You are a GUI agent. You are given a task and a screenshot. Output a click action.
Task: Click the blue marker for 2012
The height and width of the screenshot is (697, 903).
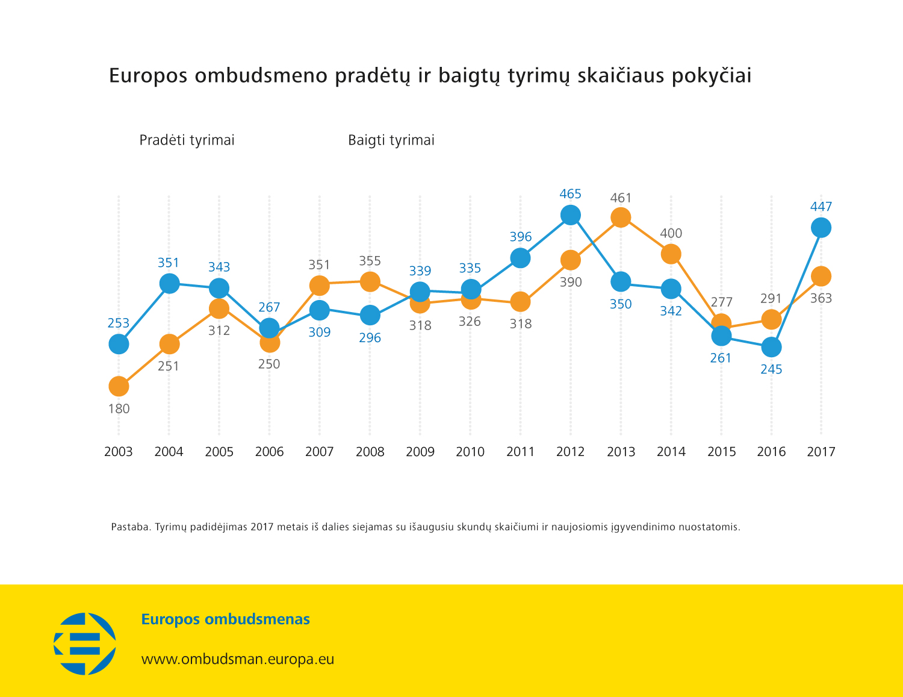click(570, 215)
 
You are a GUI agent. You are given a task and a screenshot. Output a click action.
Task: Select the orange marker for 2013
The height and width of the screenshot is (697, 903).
click(621, 217)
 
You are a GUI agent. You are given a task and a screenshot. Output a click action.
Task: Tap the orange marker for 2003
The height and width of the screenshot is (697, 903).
click(119, 386)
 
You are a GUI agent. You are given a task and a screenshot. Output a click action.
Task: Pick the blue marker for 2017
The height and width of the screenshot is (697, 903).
click(821, 228)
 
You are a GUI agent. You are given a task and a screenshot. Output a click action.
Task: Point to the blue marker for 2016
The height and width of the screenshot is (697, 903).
click(771, 347)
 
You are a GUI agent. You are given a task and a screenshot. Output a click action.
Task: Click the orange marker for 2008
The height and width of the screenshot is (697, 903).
click(370, 281)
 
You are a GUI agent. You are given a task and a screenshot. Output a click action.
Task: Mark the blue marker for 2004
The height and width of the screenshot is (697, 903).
click(169, 283)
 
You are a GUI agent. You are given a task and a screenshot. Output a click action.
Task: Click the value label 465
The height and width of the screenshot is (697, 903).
click(570, 194)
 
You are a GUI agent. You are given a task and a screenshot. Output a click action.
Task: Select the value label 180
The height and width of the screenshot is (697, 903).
click(119, 409)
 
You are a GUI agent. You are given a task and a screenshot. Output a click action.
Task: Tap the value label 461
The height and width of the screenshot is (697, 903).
click(621, 198)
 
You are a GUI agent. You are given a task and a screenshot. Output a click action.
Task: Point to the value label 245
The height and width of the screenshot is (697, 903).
click(771, 369)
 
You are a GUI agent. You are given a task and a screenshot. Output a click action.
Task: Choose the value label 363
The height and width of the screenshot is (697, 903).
click(821, 298)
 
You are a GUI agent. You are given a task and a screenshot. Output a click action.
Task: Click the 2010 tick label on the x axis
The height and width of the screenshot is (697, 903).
click(470, 452)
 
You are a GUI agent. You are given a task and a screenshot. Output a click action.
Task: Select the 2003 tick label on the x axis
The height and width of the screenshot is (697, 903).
click(119, 452)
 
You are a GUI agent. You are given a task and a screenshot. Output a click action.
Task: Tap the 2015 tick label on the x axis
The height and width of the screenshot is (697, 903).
click(721, 452)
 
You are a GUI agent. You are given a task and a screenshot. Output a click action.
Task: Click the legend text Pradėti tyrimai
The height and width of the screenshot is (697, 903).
click(187, 140)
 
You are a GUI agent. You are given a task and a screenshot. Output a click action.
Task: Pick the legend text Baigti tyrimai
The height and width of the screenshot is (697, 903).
click(391, 140)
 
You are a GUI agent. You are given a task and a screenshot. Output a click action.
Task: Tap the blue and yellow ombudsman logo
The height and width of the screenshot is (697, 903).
click(85, 643)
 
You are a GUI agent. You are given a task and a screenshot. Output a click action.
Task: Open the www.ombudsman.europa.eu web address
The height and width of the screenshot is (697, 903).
click(237, 659)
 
